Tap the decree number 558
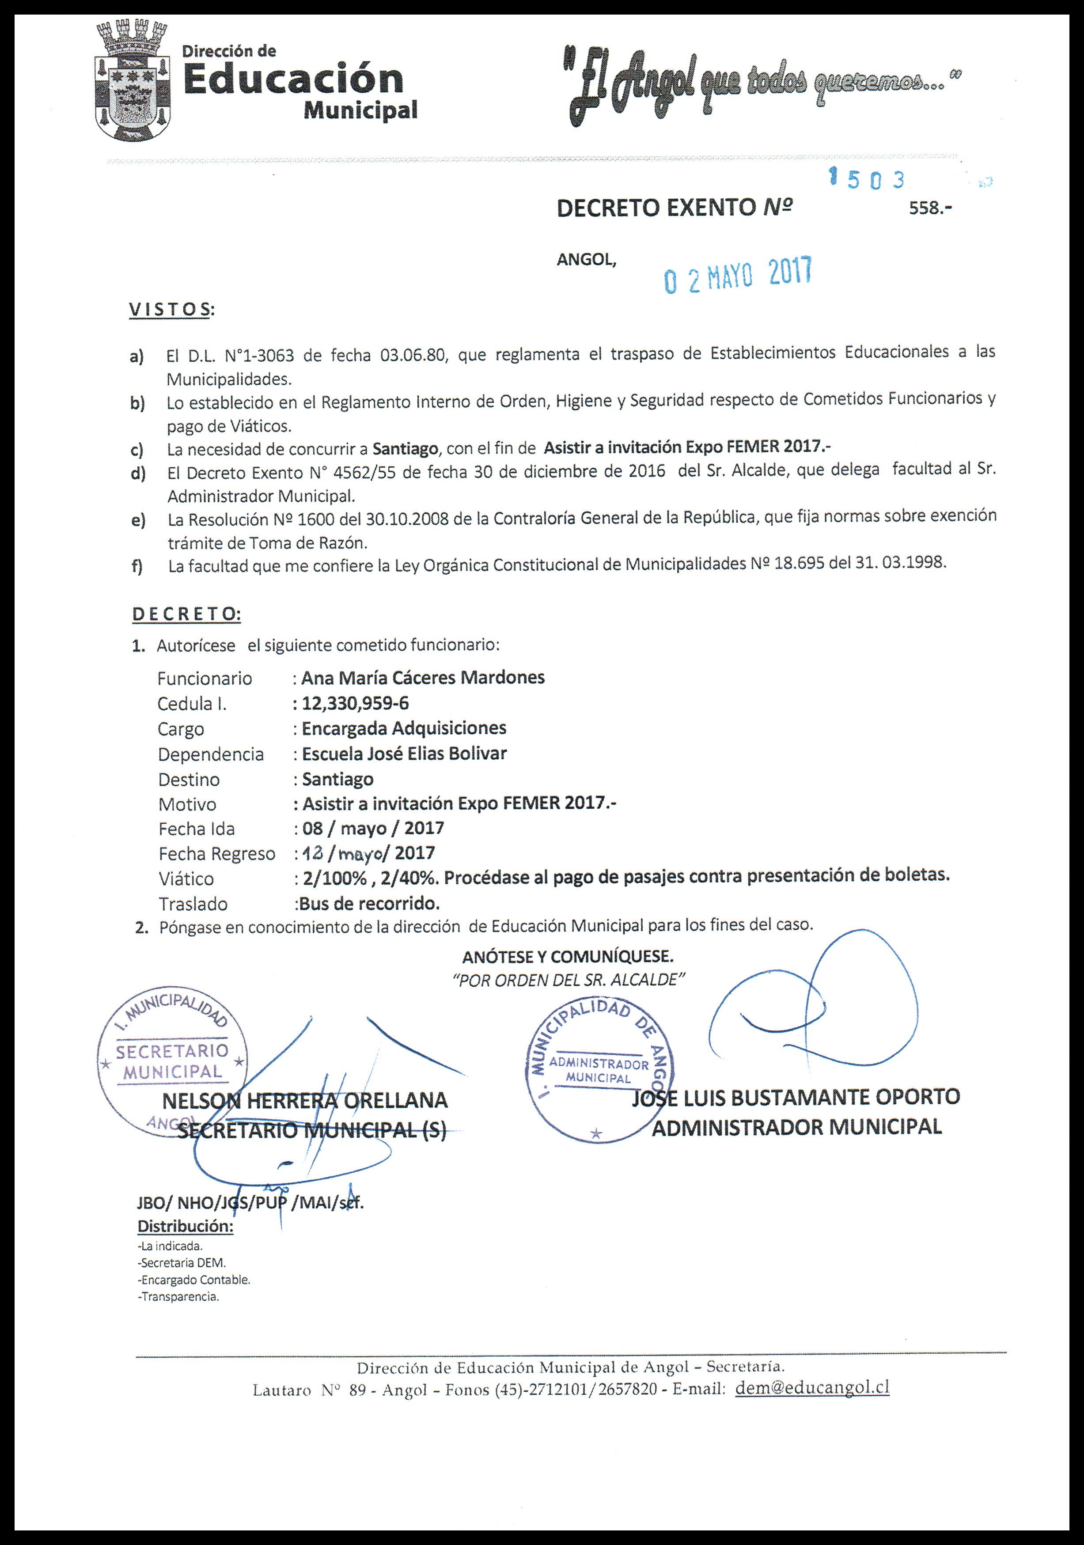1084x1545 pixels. [x=931, y=208]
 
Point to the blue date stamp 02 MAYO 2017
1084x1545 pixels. [x=738, y=275]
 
